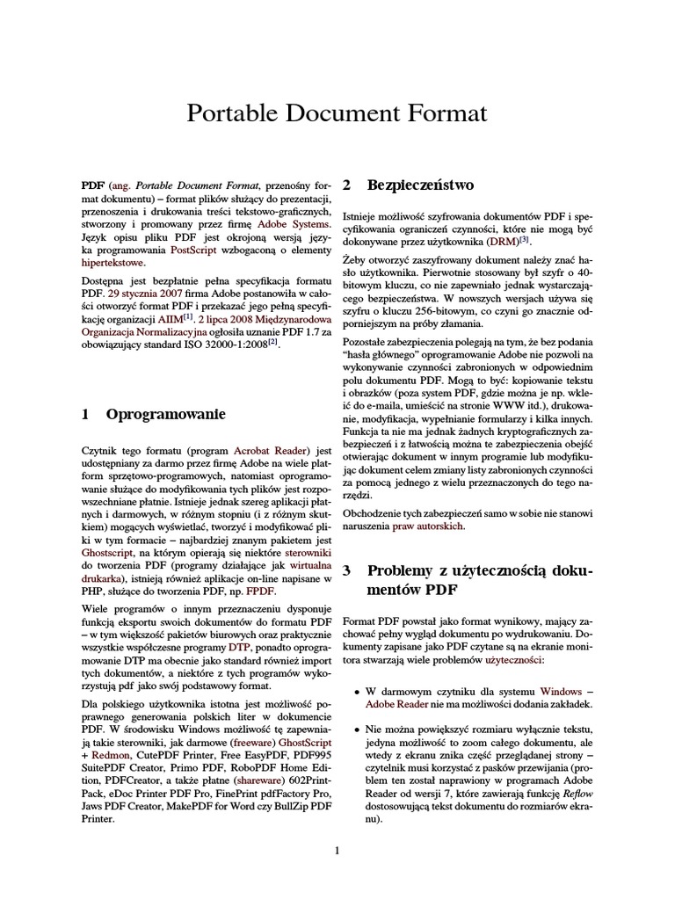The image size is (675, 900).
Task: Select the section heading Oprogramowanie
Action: [166, 413]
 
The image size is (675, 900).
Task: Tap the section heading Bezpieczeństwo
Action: [420, 185]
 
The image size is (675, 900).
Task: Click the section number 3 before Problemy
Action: [347, 571]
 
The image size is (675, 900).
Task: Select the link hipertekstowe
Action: [113, 263]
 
